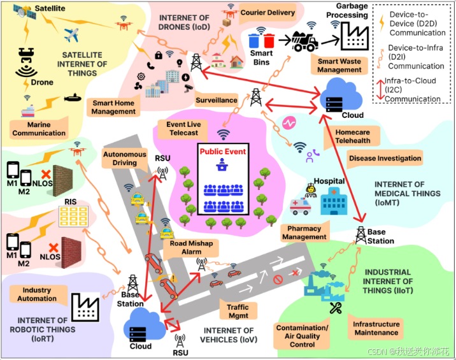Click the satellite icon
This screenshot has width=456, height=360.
coord(24,12)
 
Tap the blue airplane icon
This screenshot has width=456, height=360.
coord(71,35)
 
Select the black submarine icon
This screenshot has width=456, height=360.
coord(73,97)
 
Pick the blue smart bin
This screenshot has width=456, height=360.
coord(254,41)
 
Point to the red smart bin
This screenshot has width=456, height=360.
coord(269,41)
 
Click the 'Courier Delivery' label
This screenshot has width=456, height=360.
coord(267,13)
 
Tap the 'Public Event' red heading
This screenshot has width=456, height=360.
coord(223,152)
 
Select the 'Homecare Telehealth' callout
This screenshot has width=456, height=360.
coord(352,136)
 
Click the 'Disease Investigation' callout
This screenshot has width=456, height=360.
coord(385,158)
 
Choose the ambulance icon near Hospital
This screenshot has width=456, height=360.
coord(301,206)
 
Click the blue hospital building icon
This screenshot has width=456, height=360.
coord(334,201)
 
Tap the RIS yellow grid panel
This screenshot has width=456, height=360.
coord(73,217)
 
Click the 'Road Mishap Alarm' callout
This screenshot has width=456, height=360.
coord(191,248)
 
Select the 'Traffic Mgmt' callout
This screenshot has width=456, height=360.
coord(238,311)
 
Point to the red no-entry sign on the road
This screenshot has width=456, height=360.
coord(278,280)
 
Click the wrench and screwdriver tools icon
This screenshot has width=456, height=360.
coord(336,308)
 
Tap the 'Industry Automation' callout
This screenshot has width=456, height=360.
coord(37,294)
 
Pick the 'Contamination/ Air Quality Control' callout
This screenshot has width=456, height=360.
coord(302,336)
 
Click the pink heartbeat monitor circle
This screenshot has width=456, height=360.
coord(289,123)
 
